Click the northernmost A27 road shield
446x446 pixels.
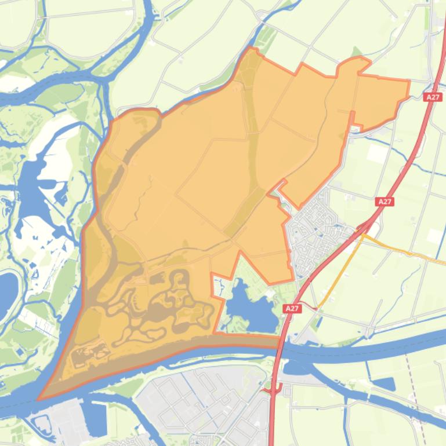click(433, 97)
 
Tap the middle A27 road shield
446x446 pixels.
click(385, 202)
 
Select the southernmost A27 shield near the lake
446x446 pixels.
click(292, 309)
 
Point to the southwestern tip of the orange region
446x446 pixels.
click(39, 399)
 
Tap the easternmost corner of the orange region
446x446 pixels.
click(409, 81)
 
